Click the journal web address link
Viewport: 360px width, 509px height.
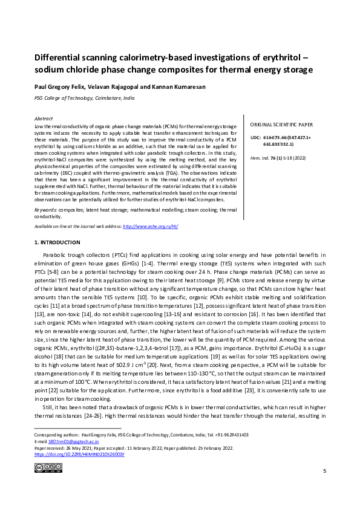[150, 225]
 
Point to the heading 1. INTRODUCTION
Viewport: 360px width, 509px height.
[62, 242]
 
